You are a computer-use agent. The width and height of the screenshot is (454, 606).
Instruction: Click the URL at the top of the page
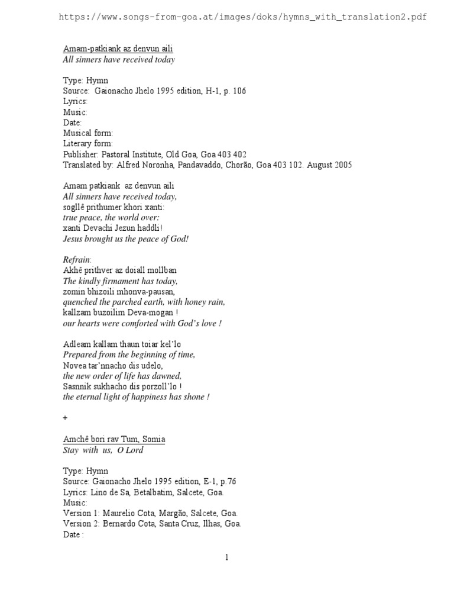[x=242, y=17]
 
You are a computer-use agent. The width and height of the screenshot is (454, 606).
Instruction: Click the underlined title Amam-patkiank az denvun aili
[x=118, y=49]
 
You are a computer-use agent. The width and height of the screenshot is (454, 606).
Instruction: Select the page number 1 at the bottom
[x=226, y=557]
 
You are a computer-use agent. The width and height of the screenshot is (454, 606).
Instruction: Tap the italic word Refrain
[x=76, y=260]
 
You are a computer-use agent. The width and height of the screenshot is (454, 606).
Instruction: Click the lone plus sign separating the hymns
[x=66, y=417]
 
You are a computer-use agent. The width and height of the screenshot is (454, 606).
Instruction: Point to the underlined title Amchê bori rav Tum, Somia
[x=114, y=439]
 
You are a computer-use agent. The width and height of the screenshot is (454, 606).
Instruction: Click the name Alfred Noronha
[x=147, y=165]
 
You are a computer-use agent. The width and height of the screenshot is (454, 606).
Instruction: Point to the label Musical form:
[x=88, y=133]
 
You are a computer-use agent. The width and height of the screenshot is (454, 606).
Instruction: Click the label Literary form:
[x=87, y=144]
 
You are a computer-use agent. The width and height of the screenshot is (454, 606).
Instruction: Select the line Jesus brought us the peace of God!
[x=126, y=239]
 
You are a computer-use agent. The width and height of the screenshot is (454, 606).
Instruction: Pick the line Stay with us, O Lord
[x=103, y=450]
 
